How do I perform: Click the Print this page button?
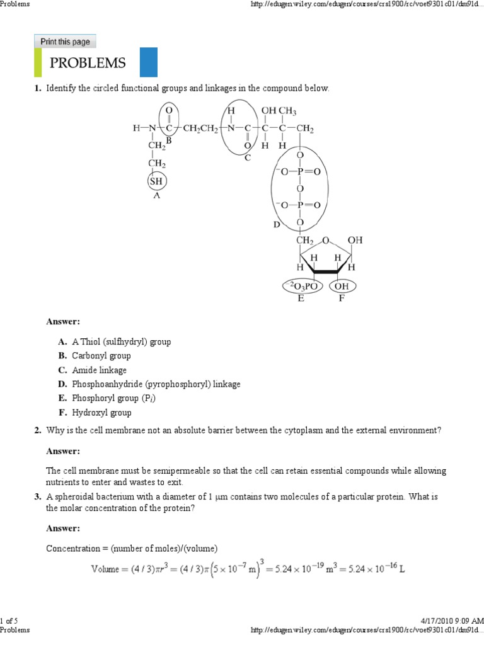click(65, 42)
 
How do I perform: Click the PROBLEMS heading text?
click(88, 63)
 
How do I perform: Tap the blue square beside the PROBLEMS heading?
click(148, 62)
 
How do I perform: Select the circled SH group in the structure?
click(156, 181)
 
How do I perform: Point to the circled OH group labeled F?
click(342, 287)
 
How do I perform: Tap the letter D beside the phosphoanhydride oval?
click(276, 224)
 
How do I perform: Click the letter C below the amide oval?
click(248, 157)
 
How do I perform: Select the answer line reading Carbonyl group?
click(101, 356)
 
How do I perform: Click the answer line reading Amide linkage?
click(99, 370)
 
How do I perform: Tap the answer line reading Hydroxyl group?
click(101, 413)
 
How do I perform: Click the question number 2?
click(37, 430)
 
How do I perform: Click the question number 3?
click(37, 497)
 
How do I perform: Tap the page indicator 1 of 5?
click(8, 622)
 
